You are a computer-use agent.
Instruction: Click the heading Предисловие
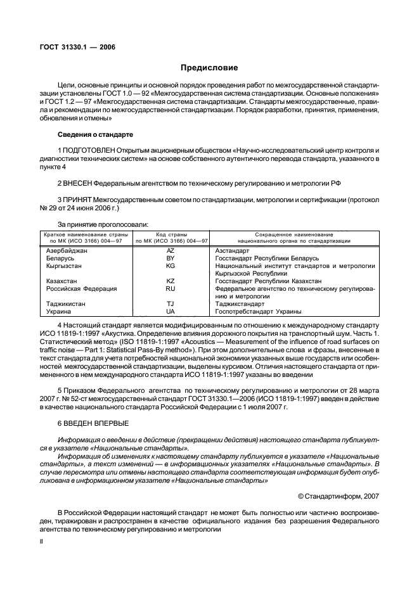(x=209, y=67)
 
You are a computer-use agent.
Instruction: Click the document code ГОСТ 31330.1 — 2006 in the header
(x=74, y=47)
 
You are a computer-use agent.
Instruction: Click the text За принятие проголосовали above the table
(x=103, y=225)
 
